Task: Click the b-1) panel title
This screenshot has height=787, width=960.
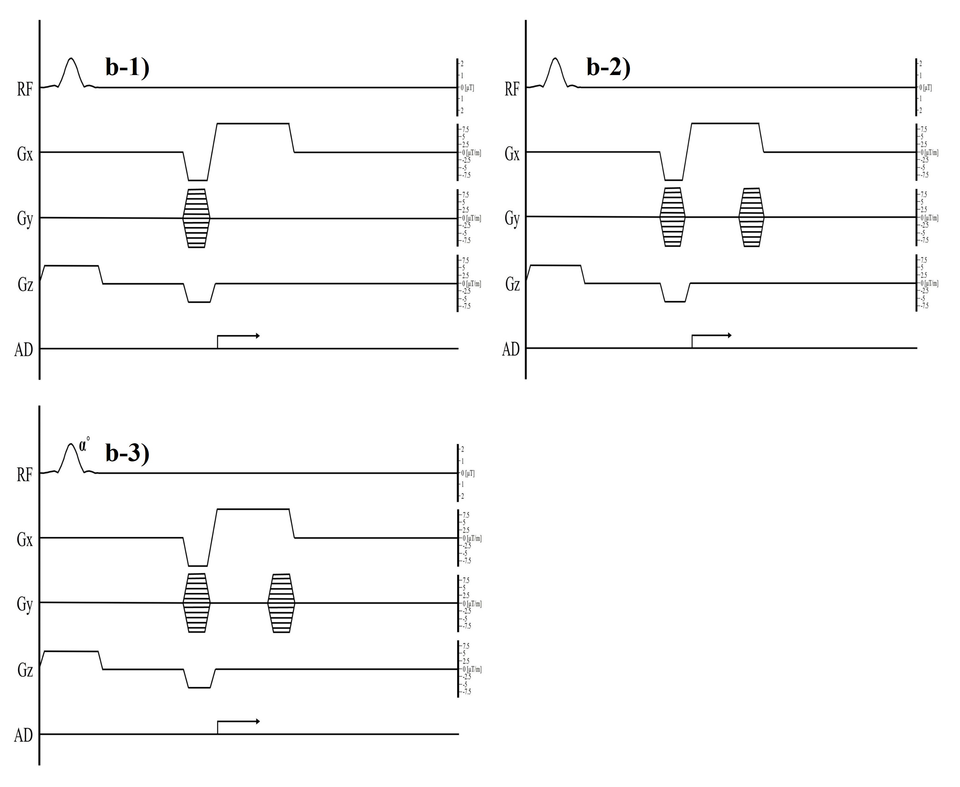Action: click(x=128, y=67)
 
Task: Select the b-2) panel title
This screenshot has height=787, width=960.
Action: click(x=609, y=67)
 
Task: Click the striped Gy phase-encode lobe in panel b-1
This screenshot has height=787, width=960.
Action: click(x=196, y=218)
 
